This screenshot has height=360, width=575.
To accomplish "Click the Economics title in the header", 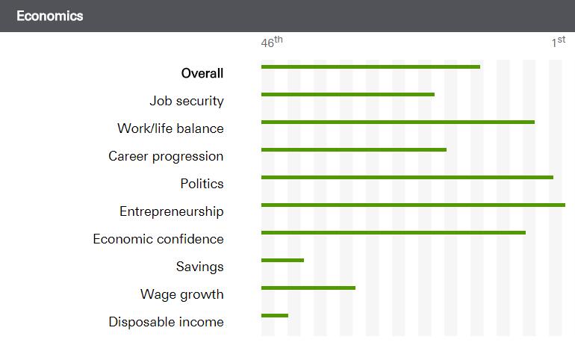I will click(49, 16).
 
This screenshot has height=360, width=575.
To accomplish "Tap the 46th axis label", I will click(272, 43).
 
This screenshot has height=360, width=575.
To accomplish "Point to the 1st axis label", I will click(558, 43).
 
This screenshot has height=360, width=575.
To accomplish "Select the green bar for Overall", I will click(370, 67).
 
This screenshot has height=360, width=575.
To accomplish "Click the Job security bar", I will click(347, 95).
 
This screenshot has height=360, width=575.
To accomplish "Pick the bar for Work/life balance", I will click(397, 122).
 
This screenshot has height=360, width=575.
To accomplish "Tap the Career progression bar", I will click(353, 150).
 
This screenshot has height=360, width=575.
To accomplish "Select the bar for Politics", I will click(407, 178).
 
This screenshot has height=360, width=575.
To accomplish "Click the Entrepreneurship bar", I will click(413, 205).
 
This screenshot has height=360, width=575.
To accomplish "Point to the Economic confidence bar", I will click(393, 232).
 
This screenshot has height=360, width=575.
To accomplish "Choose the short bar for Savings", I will click(282, 260).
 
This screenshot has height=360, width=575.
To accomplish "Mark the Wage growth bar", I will click(308, 288).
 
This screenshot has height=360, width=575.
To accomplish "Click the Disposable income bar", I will click(274, 315).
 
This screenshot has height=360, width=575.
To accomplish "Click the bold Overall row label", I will click(202, 73).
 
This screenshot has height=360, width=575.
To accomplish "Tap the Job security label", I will click(186, 101).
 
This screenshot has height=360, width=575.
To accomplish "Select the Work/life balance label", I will click(170, 128).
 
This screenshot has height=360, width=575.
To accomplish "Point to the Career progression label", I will click(166, 156).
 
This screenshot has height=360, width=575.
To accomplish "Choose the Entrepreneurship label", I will click(171, 211).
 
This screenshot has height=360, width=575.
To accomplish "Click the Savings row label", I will click(199, 267).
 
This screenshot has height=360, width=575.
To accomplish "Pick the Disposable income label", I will click(166, 322).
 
